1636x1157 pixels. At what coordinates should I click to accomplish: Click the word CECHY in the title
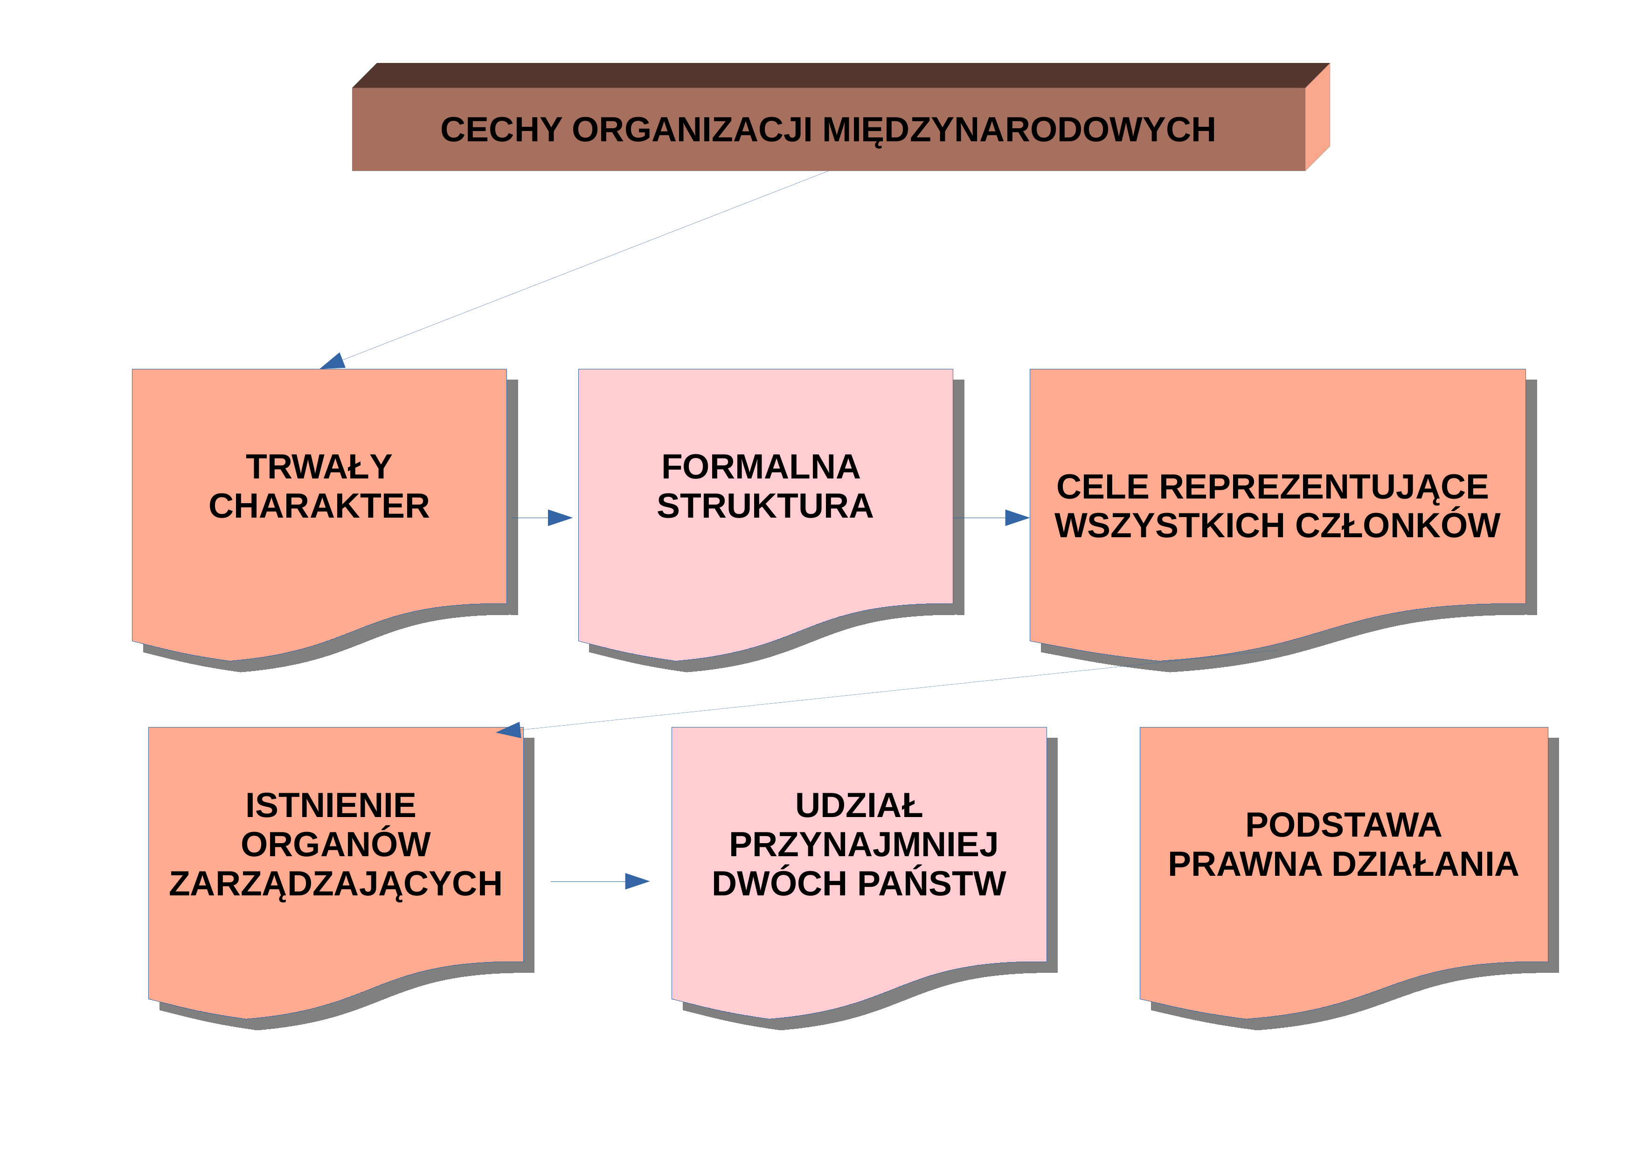(502, 131)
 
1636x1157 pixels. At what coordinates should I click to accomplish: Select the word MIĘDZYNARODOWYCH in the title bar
(1019, 131)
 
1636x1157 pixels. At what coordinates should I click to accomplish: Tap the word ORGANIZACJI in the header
(693, 131)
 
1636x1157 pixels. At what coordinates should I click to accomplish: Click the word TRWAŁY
(319, 467)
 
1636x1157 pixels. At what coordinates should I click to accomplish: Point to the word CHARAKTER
(319, 506)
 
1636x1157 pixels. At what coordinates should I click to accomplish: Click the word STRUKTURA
(764, 506)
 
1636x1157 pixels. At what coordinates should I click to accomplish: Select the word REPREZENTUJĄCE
(1323, 488)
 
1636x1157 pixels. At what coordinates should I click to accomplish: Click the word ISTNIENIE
(331, 806)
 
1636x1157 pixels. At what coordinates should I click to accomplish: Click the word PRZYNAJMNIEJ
(864, 845)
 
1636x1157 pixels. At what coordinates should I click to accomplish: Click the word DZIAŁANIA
(1425, 864)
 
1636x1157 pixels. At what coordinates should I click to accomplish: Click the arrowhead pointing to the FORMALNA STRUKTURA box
(560, 518)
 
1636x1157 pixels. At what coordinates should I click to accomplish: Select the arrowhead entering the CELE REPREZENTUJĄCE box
(1018, 518)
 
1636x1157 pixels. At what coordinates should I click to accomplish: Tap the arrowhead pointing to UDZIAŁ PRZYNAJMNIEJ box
(637, 881)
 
